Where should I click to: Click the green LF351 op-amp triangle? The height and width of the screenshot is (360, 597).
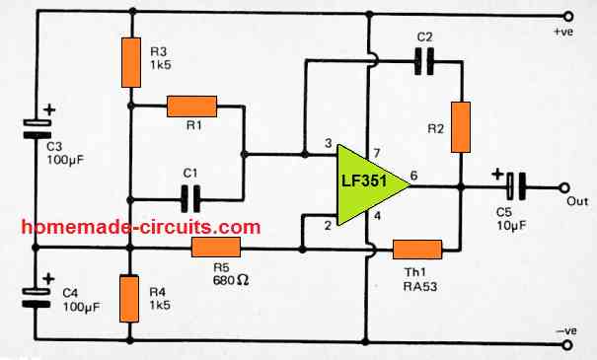[369, 183]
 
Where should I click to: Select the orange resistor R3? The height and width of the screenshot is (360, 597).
[130, 61]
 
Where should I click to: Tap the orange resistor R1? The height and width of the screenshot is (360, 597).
[191, 106]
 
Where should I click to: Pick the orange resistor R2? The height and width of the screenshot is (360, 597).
[461, 126]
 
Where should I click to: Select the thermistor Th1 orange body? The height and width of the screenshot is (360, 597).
[416, 249]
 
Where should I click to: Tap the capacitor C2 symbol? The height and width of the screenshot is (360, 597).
[424, 63]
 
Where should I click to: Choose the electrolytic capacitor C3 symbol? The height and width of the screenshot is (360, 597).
[37, 126]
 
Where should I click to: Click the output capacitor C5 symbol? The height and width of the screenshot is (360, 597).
[516, 185]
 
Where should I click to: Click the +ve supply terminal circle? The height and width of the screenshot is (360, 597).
[567, 16]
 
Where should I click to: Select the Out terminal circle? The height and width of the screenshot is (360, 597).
[567, 185]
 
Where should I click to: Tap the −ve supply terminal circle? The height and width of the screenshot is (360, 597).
[567, 339]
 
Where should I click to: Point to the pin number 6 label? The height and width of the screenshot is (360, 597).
[412, 175]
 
